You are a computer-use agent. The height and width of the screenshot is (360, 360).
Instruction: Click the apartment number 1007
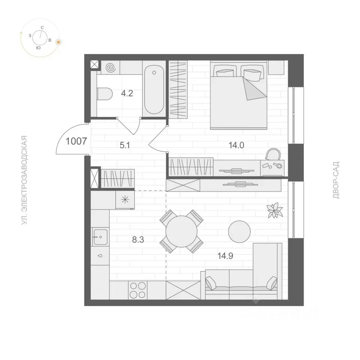click(76, 141)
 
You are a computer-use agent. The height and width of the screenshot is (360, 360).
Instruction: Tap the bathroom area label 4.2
click(127, 93)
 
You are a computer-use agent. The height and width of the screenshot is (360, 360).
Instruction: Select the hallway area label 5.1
click(125, 145)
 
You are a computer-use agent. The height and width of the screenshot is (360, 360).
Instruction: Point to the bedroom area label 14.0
click(236, 145)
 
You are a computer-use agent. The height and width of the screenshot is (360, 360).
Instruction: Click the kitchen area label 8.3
click(138, 240)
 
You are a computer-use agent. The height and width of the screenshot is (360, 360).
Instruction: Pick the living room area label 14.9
click(225, 256)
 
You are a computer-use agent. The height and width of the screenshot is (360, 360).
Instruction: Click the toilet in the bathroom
click(105, 94)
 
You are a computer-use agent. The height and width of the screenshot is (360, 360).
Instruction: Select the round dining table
click(181, 231)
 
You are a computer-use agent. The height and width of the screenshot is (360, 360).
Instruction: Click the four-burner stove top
click(138, 290)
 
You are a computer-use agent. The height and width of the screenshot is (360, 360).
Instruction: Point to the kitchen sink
click(100, 237)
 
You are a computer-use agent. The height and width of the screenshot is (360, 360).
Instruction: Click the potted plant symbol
click(274, 210)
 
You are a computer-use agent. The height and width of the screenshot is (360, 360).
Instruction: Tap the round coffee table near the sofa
click(239, 232)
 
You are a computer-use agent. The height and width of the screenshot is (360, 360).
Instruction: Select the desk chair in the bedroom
click(273, 154)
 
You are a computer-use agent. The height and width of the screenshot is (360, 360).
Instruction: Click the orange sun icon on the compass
click(58, 42)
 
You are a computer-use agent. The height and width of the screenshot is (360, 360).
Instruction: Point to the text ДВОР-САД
click(336, 180)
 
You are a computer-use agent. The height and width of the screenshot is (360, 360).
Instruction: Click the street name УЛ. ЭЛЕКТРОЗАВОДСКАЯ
click(24, 180)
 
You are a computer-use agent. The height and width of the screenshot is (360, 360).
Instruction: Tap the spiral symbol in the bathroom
click(111, 67)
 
